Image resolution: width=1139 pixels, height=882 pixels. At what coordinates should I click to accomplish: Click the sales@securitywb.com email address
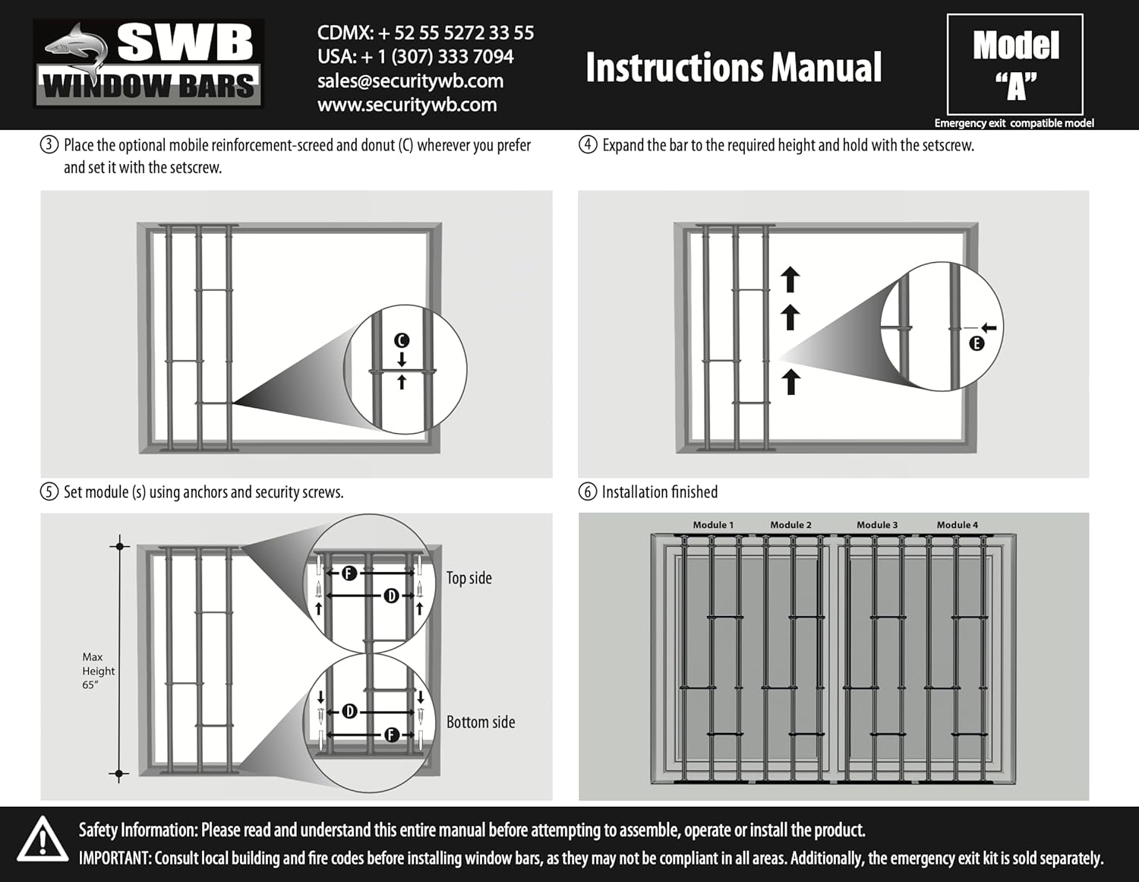[410, 81]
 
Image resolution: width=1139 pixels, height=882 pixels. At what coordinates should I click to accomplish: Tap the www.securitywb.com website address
[407, 105]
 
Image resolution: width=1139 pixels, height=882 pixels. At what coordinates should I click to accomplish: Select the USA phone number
[415, 57]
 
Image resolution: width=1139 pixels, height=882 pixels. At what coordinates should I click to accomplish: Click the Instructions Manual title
[734, 68]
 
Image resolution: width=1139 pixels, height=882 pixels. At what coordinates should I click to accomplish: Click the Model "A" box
[1015, 65]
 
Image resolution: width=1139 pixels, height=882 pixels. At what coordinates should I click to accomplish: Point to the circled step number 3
[49, 145]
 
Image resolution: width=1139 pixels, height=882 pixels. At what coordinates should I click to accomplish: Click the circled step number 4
[588, 145]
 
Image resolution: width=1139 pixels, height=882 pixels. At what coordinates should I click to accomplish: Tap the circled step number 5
[49, 492]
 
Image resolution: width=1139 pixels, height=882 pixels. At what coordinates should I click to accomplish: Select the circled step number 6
[588, 492]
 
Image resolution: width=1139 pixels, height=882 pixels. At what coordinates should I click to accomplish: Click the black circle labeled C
[402, 340]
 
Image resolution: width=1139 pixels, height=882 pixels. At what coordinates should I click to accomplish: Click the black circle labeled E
[977, 343]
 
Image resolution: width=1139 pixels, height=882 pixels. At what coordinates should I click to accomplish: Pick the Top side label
[469, 578]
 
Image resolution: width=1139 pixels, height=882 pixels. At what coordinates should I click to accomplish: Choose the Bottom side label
[481, 722]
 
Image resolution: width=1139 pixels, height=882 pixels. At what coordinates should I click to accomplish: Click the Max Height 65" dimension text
[98, 671]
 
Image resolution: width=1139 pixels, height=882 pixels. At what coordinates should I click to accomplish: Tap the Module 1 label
[713, 525]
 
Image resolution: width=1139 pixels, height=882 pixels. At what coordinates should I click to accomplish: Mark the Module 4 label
[957, 525]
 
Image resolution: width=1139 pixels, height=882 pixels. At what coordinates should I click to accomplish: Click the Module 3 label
[877, 525]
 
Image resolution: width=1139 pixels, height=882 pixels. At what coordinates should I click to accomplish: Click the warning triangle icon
[42, 840]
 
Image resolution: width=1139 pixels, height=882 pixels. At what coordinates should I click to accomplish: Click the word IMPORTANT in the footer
[115, 858]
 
